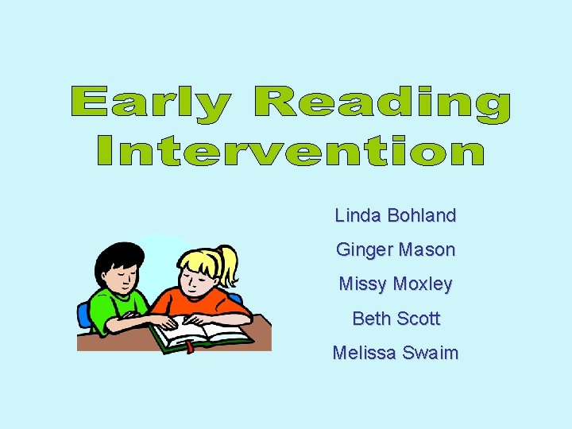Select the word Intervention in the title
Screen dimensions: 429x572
291,151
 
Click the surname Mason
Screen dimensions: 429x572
427,250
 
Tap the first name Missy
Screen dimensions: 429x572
362,284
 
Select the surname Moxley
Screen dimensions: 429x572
423,284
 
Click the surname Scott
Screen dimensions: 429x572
418,319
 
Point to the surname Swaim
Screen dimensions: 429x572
430,354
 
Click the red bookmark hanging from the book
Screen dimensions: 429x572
189,346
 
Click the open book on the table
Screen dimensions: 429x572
203,332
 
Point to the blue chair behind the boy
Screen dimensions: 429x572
84,315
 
